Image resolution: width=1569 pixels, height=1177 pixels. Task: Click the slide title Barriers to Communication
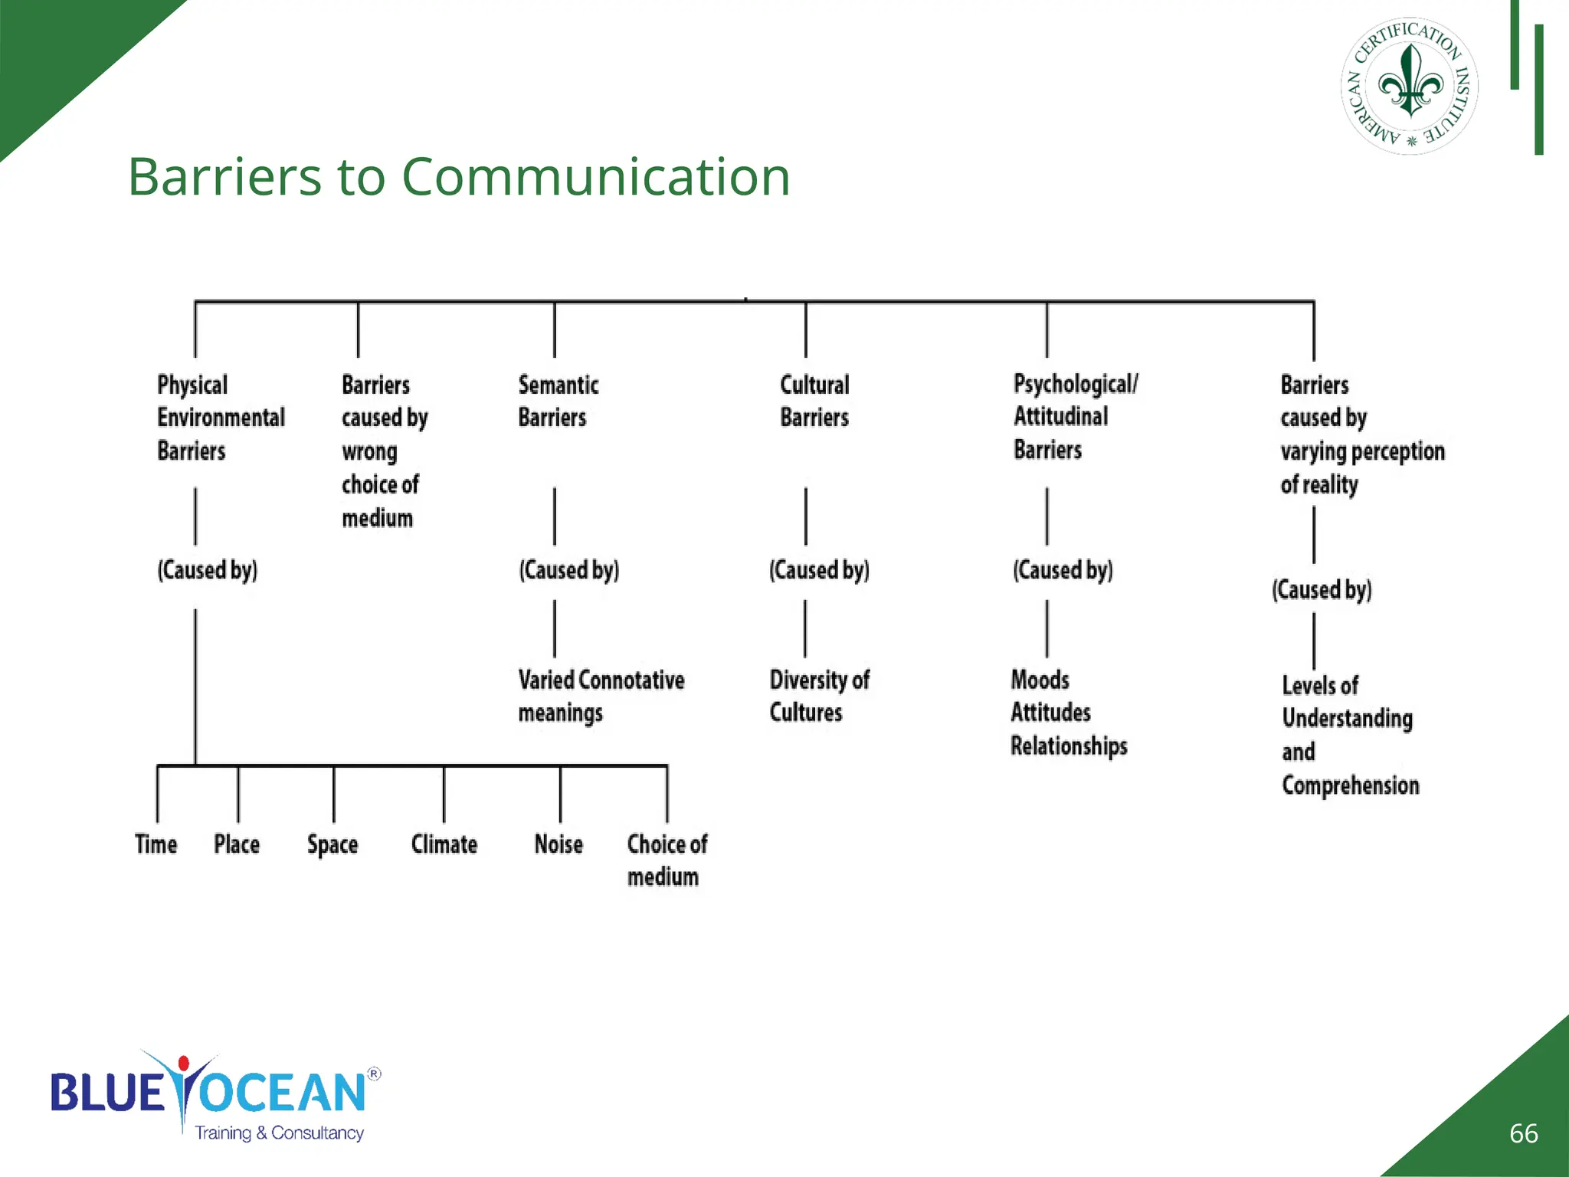point(458,177)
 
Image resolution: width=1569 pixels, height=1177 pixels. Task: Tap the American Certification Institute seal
point(1409,86)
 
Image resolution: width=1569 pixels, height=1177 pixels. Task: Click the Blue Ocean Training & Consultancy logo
point(215,1095)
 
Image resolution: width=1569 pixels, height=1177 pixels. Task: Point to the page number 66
point(1523,1133)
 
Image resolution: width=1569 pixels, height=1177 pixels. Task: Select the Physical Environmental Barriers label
point(220,418)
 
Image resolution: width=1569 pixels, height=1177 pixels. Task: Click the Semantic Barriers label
point(558,401)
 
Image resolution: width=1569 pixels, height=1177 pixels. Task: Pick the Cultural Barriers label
point(814,401)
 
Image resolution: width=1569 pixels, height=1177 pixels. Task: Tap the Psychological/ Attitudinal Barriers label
point(1075,417)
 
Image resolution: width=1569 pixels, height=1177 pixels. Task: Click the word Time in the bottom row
point(156,844)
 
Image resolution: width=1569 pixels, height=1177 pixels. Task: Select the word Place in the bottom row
point(237,844)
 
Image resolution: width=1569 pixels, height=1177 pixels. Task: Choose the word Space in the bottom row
point(332,845)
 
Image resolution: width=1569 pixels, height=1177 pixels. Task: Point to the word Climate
point(444,844)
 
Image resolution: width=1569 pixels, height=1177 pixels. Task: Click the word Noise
point(558,844)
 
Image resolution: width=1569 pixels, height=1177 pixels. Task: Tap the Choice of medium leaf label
point(667,861)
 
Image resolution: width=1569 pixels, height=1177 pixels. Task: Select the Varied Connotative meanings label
point(601,696)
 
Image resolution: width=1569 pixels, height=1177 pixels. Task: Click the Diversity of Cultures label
point(819,696)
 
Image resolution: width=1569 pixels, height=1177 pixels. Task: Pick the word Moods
point(1040,680)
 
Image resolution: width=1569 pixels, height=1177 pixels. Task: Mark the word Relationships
point(1069,746)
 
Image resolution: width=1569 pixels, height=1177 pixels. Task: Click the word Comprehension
point(1350,785)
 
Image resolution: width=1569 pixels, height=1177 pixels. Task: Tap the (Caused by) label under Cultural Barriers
point(819,570)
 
